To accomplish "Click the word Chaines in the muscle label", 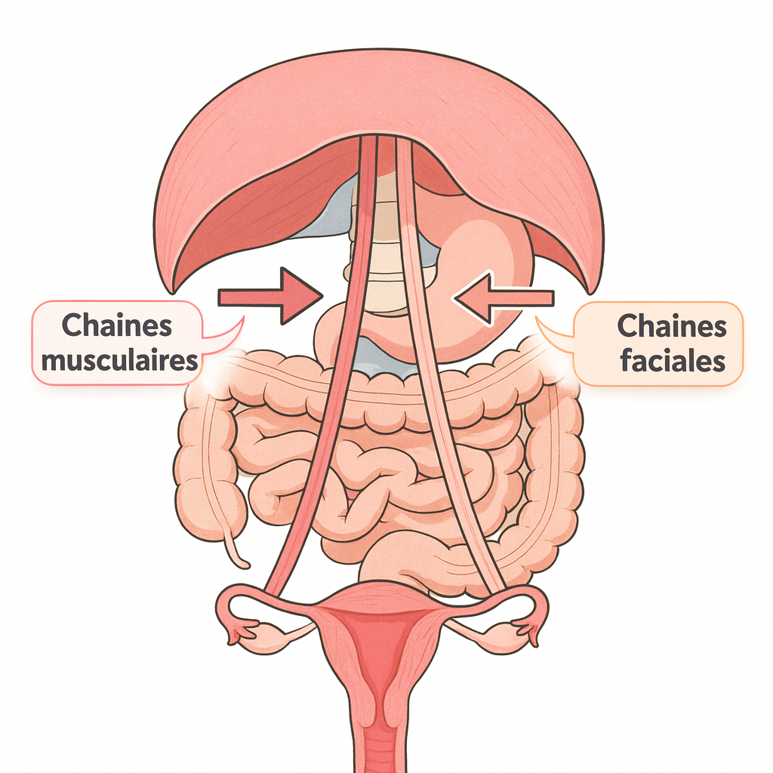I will pos(117,325).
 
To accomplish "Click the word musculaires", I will pos(119,360).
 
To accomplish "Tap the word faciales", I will pos(672,360).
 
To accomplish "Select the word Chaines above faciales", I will pos(672,326).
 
